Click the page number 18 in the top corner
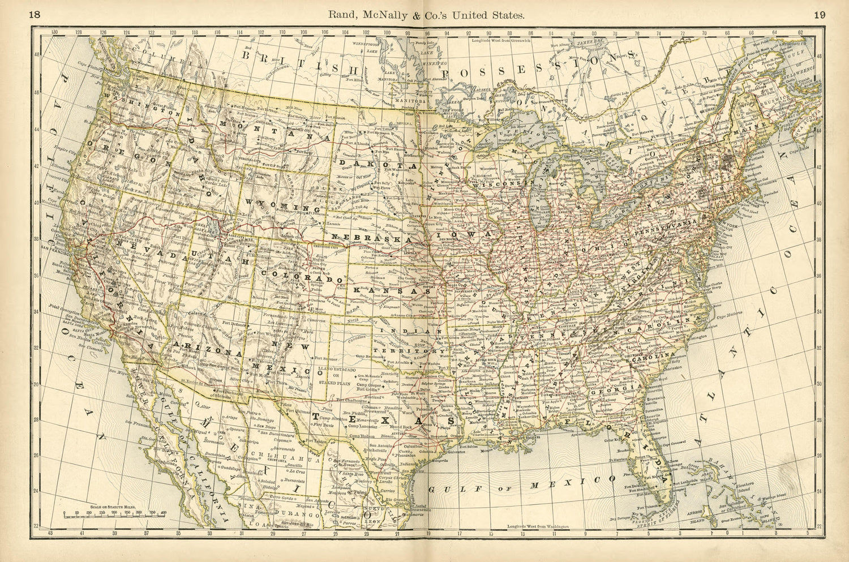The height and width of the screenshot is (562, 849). [x=35, y=15]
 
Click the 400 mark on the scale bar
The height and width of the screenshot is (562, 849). [x=164, y=512]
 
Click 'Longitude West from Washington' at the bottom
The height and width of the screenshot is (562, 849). [x=538, y=526]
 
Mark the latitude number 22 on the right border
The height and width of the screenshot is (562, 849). [x=819, y=526]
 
